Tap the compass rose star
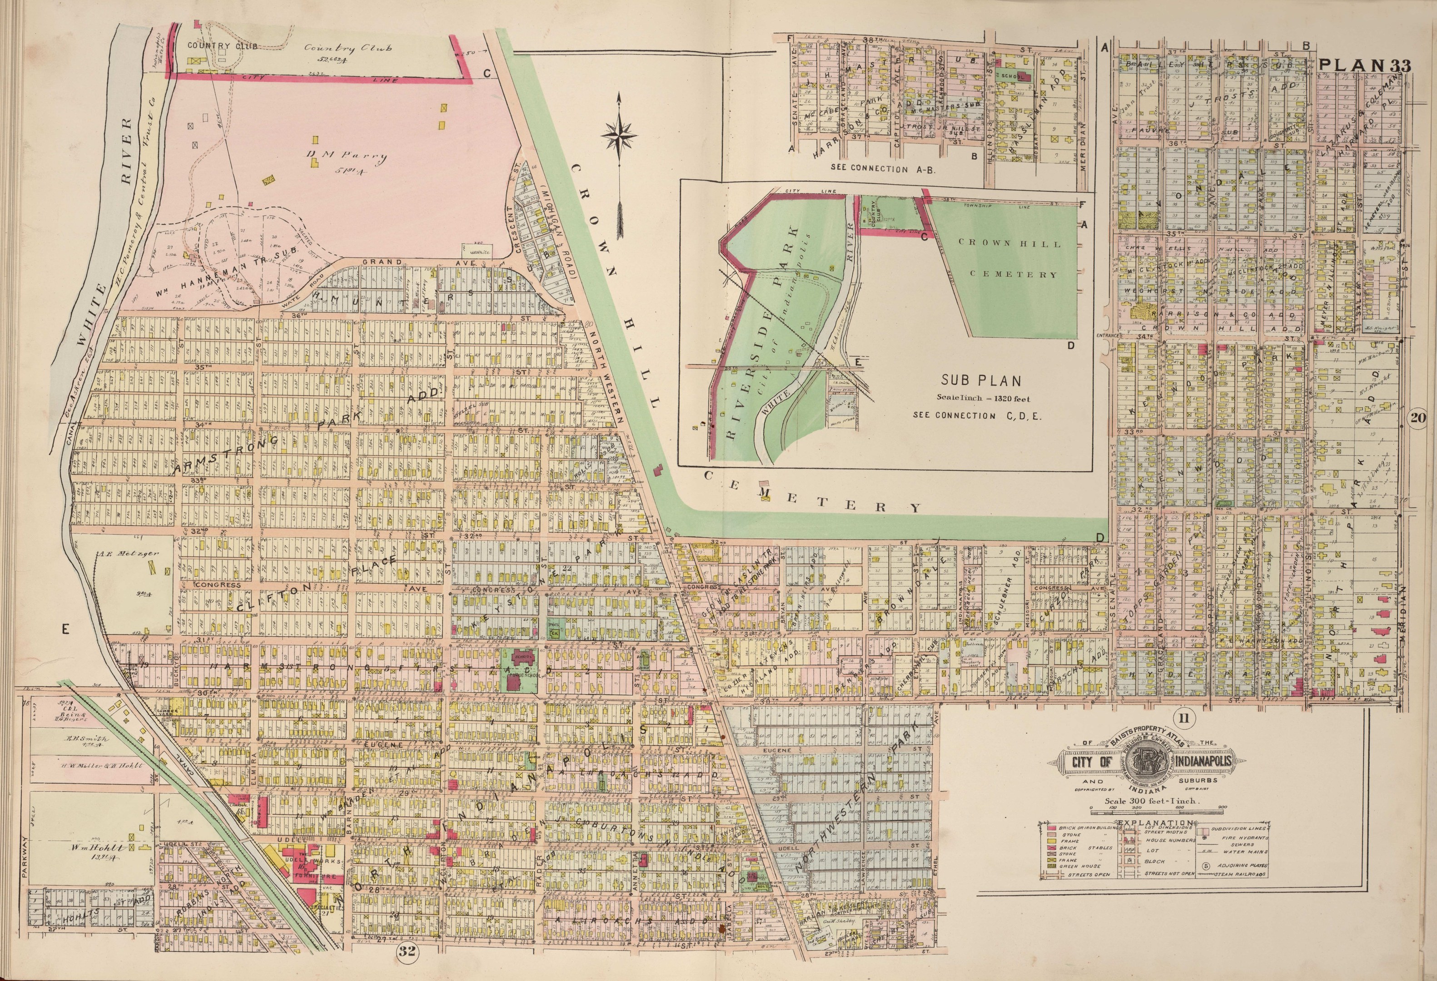620,134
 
